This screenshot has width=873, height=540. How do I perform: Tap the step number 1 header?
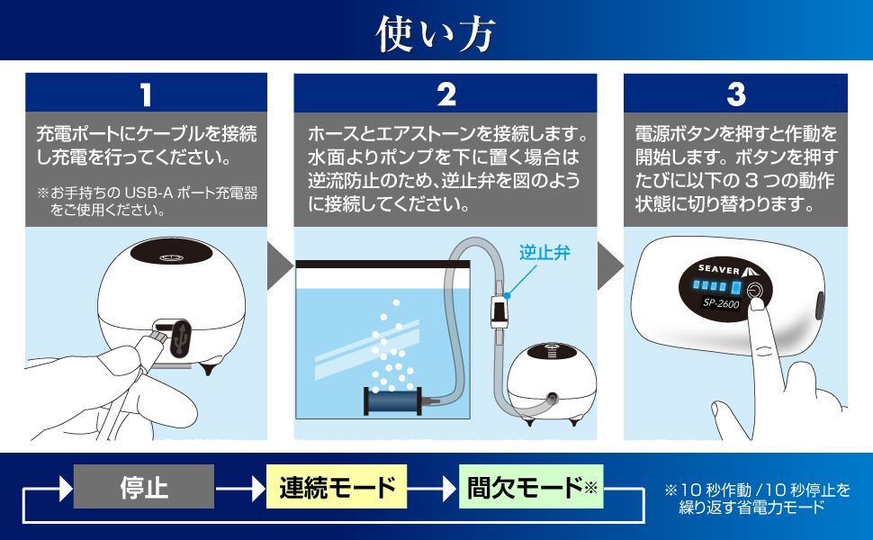146,94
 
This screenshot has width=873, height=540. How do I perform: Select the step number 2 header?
445,94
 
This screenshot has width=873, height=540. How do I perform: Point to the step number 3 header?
735,94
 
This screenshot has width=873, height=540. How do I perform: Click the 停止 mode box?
143,487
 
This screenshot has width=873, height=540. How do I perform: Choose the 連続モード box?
337,487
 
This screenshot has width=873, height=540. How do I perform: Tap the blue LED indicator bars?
716,287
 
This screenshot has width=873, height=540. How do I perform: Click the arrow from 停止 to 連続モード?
239,488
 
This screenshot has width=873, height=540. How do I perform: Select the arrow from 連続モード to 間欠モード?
433,488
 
